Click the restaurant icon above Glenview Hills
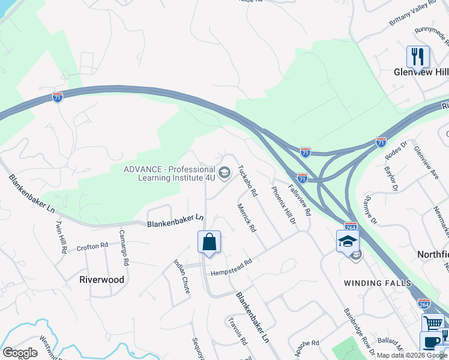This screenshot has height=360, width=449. click(418, 57)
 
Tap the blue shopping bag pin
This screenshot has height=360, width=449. click(209, 243)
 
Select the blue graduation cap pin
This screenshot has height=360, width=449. click(348, 242)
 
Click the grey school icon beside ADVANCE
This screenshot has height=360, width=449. click(224, 174)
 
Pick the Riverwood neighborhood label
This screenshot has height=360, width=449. click(102, 280)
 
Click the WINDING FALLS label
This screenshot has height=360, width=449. click(378, 283)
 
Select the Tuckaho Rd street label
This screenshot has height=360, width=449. click(248, 181)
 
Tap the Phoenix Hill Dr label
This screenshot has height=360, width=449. click(284, 205)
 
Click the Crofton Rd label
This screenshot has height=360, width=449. click(92, 246)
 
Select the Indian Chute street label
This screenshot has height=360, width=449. click(182, 276)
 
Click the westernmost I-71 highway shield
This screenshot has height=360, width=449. click(57, 97)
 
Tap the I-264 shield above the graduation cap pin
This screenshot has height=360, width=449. click(351, 227)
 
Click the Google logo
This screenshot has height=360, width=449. click(20, 353)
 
